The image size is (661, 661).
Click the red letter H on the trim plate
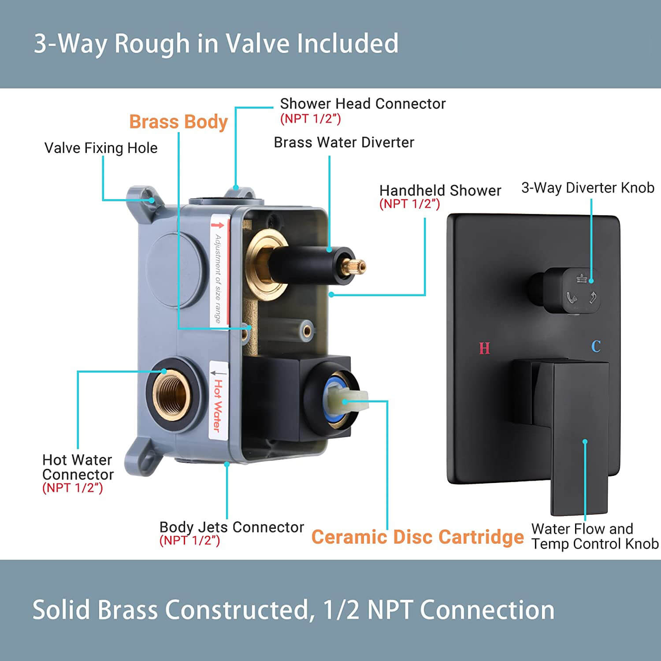click(484, 348)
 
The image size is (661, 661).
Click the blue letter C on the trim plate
click(596, 346)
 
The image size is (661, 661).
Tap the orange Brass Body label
click(178, 122)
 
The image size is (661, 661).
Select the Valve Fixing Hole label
click(101, 148)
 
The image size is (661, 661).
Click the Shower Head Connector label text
click(363, 104)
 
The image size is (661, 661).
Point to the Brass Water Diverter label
click(344, 142)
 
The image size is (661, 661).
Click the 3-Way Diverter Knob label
click(587, 188)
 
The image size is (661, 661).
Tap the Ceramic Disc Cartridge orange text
click(417, 537)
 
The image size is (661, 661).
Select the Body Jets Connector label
click(231, 527)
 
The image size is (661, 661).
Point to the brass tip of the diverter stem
click(355, 266)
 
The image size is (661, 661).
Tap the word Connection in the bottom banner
click(487, 610)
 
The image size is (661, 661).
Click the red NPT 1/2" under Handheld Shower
click(409, 204)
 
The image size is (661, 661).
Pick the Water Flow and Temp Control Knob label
click(594, 536)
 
